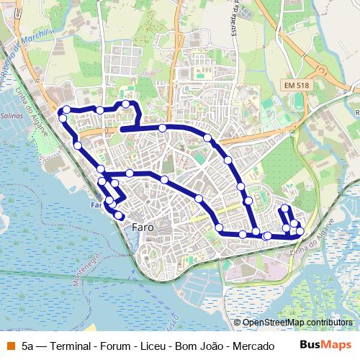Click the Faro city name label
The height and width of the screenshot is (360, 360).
[x=143, y=227]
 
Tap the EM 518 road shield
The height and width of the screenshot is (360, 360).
[x=297, y=86]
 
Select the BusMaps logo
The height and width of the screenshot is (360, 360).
[x=325, y=345]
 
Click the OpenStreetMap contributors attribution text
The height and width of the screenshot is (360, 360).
[x=297, y=323]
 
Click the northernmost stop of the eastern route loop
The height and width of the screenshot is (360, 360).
[x=284, y=209]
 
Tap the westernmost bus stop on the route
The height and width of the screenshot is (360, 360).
[x=62, y=117]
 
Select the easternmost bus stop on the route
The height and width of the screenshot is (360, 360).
[x=300, y=231]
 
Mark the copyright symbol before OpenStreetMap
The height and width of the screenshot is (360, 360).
[x=238, y=323]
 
